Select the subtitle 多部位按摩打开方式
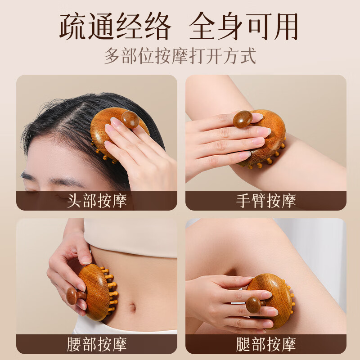click(x=180, y=56)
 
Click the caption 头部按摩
click(x=97, y=201)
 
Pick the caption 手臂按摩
click(x=266, y=201)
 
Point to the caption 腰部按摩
click(x=97, y=345)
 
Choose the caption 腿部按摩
click(x=266, y=345)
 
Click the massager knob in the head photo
click(x=130, y=119)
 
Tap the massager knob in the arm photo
click(x=243, y=119)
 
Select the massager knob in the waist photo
click(x=73, y=296)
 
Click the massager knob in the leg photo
click(x=255, y=305)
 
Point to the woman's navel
click(x=131, y=308)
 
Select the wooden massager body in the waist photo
click(x=95, y=290)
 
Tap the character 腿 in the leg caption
click(x=243, y=345)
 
